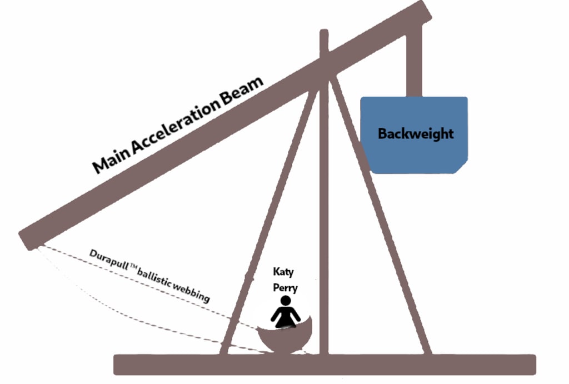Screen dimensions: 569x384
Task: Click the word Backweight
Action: click(416, 134)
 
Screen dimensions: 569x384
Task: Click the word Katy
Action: click(283, 272)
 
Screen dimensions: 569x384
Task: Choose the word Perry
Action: click(285, 288)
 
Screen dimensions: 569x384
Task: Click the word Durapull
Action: click(108, 261)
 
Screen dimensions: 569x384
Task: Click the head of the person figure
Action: click(286, 301)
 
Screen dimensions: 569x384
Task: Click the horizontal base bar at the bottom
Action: click(325, 365)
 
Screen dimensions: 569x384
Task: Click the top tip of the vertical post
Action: click(324, 32)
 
